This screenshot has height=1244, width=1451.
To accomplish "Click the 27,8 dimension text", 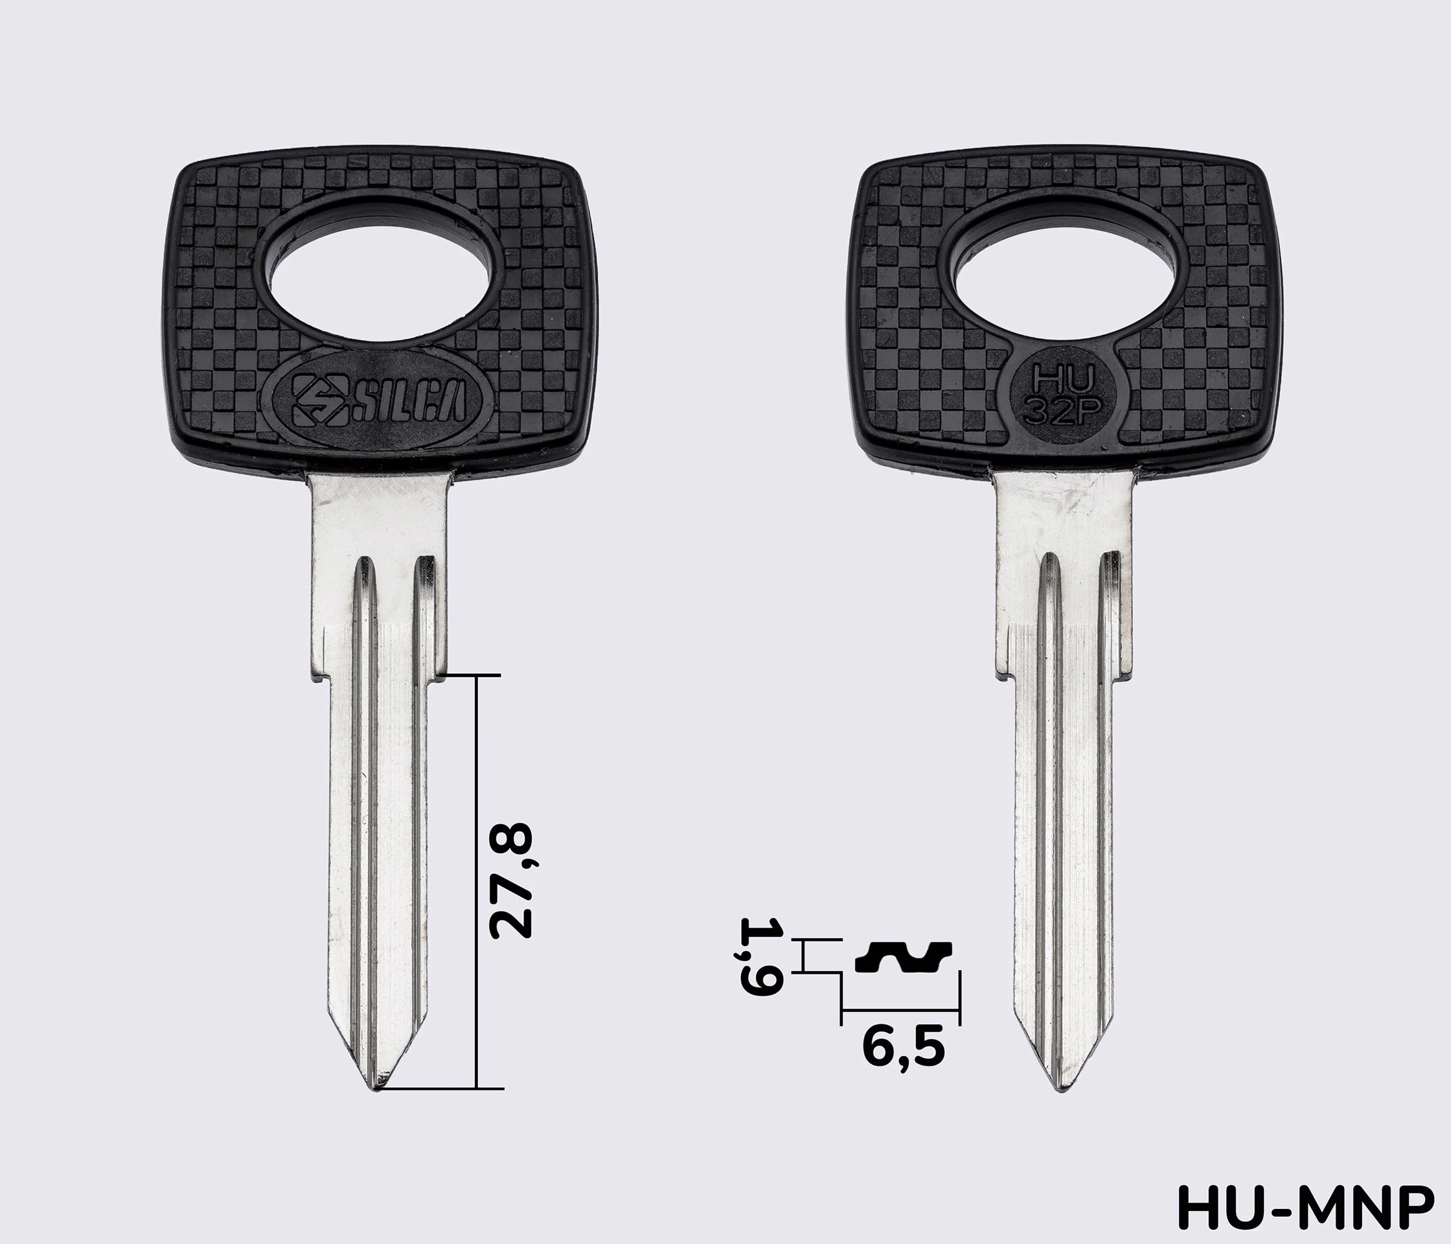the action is tap(511, 881).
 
